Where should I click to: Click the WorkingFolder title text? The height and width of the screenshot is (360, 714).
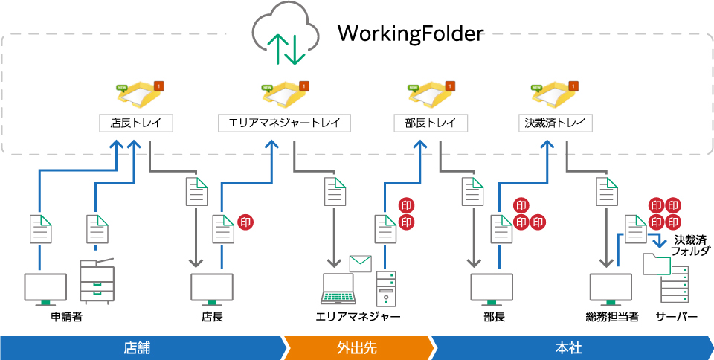[410, 34]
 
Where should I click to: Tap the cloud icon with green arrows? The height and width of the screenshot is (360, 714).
[285, 36]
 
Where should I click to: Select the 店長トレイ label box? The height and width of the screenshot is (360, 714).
[136, 123]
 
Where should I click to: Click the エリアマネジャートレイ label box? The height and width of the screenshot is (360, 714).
[285, 123]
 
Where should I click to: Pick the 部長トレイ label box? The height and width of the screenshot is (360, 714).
[431, 123]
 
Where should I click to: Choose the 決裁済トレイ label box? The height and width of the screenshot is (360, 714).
[556, 123]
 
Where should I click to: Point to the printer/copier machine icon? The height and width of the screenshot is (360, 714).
[97, 280]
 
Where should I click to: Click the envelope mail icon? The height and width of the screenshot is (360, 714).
[361, 263]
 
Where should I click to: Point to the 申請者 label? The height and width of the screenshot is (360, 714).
[67, 317]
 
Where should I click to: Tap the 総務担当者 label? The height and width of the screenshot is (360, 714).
[611, 317]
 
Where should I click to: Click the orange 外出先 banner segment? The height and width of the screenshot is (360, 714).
[357, 348]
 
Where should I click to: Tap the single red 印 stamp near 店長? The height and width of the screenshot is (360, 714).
[245, 222]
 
